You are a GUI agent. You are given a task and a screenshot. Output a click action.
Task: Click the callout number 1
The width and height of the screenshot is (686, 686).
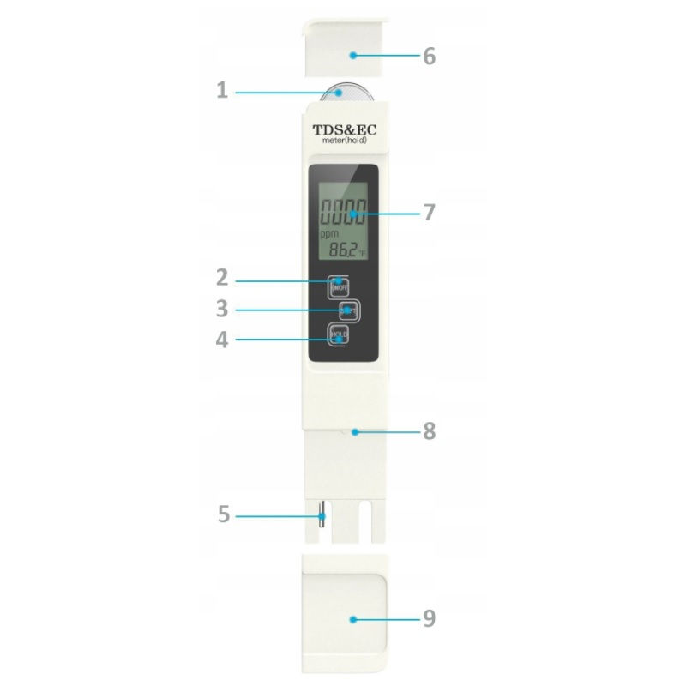point(221,89)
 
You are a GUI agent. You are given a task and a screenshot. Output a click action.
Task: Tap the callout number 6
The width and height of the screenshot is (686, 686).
point(430,56)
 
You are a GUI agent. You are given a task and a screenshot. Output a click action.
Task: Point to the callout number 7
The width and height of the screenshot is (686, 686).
point(430,212)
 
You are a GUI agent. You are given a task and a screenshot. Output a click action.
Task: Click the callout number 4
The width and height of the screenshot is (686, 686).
point(221,339)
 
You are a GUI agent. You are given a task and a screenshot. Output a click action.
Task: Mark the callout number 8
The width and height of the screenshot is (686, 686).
point(429,431)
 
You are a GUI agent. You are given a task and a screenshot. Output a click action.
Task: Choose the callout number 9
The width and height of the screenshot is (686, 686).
point(430,617)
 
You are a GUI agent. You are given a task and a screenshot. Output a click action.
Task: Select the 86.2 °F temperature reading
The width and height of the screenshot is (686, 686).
point(344,250)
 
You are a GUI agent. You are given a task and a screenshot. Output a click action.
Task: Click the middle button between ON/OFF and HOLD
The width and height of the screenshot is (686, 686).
point(346,309)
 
